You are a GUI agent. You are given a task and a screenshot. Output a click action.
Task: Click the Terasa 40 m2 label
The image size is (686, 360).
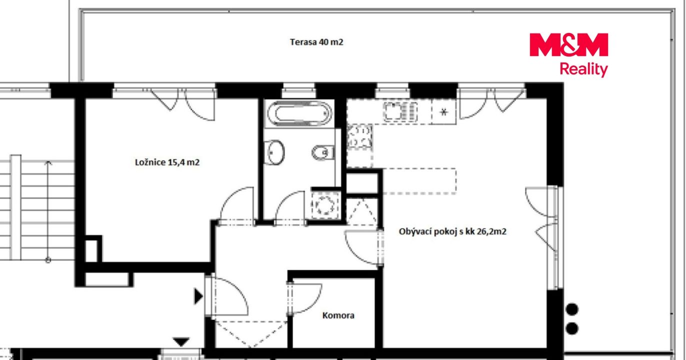[x=316, y=42]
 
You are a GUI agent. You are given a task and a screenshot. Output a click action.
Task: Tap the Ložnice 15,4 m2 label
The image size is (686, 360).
[x=167, y=162]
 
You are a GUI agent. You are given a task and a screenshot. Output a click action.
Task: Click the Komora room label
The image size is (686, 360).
[x=338, y=315]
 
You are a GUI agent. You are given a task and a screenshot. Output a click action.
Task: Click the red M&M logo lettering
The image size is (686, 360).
[x=568, y=44]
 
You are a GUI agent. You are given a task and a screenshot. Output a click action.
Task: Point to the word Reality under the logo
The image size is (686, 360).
[x=583, y=69]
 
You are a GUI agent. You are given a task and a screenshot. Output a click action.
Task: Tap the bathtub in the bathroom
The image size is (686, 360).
[x=299, y=113]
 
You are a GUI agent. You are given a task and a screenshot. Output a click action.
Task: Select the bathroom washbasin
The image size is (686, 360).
[x=274, y=152]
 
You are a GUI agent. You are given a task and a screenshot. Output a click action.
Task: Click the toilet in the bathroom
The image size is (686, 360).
[x=323, y=152]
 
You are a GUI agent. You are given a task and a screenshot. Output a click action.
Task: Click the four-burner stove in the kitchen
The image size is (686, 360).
[x=359, y=137]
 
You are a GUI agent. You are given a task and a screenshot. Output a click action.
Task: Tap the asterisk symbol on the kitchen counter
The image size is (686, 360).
[x=444, y=112]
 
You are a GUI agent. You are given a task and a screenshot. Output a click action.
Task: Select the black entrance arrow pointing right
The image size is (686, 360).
[x=198, y=296]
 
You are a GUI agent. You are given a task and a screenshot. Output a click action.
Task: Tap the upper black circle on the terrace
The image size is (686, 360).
[x=572, y=309]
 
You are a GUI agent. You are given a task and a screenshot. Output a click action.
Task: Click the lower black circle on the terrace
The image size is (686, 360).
[x=572, y=328]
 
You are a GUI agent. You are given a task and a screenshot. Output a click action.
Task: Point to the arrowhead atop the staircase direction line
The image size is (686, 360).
[x=48, y=162]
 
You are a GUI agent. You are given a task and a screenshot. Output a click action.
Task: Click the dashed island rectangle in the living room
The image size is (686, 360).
[x=419, y=181]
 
